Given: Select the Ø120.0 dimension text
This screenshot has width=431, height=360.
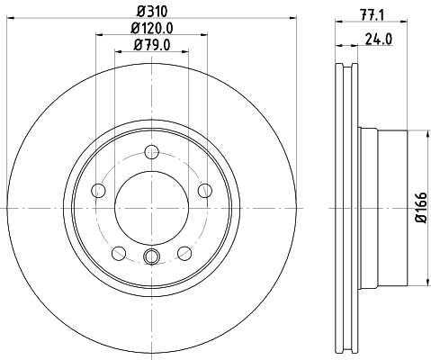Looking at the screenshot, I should [x=151, y=29].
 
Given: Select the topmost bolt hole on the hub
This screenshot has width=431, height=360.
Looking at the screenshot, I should [x=151, y=151].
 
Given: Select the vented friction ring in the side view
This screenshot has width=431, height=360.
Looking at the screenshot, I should [x=346, y=207].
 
